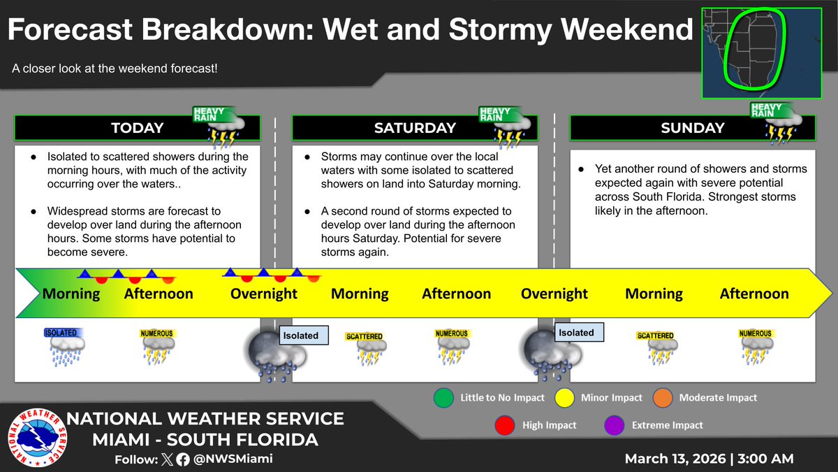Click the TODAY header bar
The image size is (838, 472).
point(137,128)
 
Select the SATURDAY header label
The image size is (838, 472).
point(414,128)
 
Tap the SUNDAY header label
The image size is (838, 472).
point(693,128)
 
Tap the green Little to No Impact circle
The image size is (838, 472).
point(442,397)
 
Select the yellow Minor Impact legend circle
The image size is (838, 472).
point(563,397)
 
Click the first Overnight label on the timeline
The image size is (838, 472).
point(263,294)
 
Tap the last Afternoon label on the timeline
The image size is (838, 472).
point(754,294)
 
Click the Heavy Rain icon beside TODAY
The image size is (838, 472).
point(218,127)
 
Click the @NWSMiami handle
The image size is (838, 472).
point(233,459)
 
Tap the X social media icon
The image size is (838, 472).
point(166,459)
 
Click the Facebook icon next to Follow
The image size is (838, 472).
point(182,459)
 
